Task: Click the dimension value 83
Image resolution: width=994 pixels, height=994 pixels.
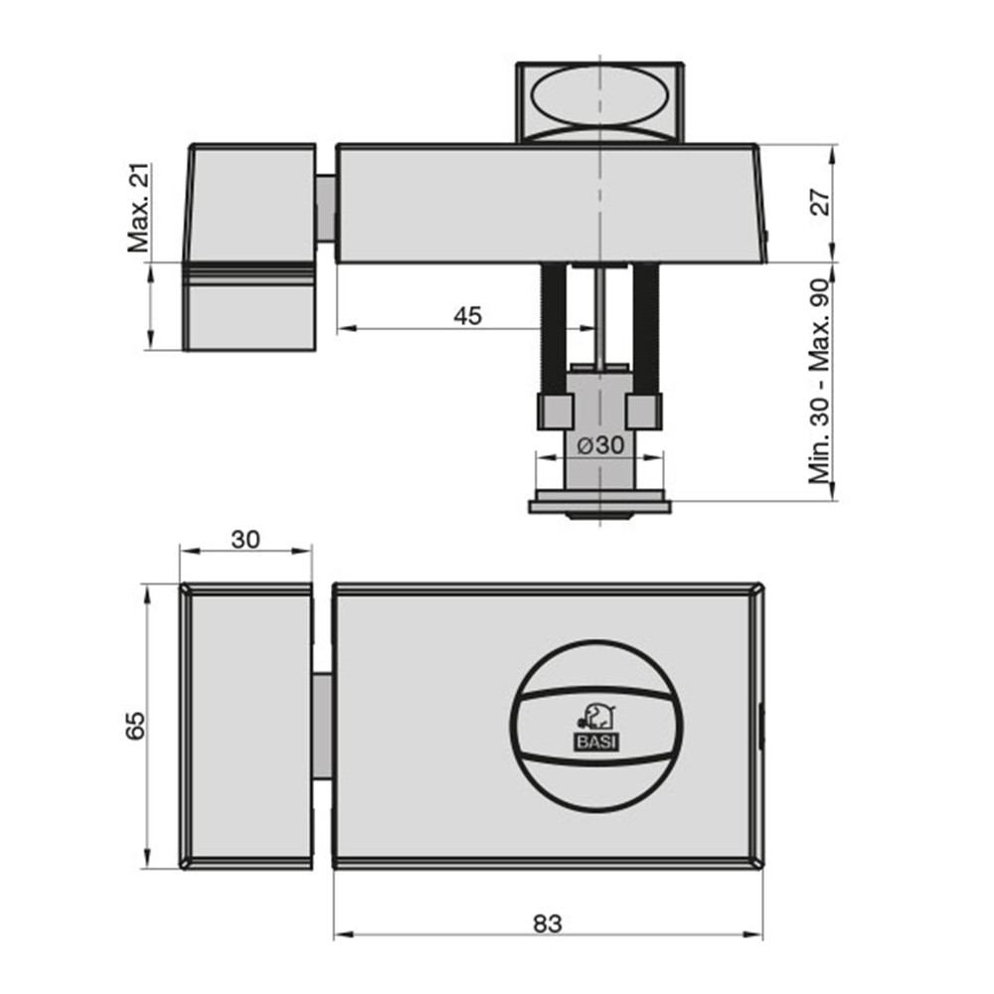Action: pos(547,923)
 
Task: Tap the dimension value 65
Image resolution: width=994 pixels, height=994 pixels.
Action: pos(135,726)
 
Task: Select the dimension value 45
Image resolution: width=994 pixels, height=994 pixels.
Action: pos(468,316)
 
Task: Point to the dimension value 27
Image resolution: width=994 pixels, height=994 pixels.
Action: pos(821,202)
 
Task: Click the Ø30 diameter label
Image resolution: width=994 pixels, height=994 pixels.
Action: pos(600,445)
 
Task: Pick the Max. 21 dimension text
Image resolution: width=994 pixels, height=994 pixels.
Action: pos(139,208)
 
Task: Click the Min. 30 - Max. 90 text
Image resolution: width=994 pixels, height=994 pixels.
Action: pos(819,381)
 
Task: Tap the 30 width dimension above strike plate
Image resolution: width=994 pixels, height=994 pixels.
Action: pos(246,540)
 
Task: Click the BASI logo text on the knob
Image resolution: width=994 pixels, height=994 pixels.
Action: pos(596,743)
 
